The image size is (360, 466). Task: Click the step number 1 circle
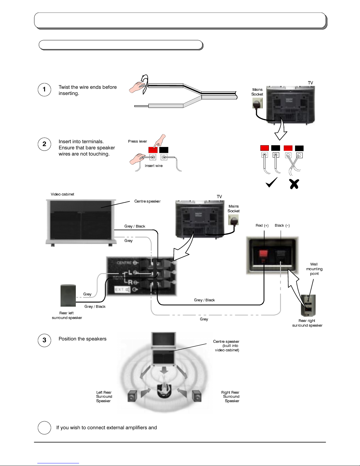click(x=44, y=90)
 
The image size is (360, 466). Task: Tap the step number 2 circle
click(x=44, y=144)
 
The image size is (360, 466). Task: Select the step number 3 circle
click(x=44, y=340)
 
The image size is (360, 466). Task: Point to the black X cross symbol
click(x=294, y=184)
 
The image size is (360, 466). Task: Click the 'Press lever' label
click(x=138, y=141)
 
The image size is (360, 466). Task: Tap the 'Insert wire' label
click(x=154, y=166)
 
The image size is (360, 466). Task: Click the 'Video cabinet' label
click(x=62, y=194)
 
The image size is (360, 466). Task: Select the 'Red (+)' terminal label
click(x=262, y=226)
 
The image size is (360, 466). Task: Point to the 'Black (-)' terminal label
click(x=282, y=226)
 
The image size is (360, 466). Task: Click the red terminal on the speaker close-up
click(x=263, y=253)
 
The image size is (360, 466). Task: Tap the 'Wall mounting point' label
click(x=314, y=269)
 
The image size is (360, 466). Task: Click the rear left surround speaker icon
click(x=68, y=295)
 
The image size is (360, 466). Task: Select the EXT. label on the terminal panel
click(x=120, y=290)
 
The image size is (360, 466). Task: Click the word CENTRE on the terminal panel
click(x=124, y=263)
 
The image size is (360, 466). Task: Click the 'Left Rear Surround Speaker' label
click(x=104, y=397)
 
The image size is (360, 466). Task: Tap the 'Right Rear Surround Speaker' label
click(x=231, y=397)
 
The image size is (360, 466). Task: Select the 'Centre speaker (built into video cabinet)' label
click(x=226, y=346)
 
